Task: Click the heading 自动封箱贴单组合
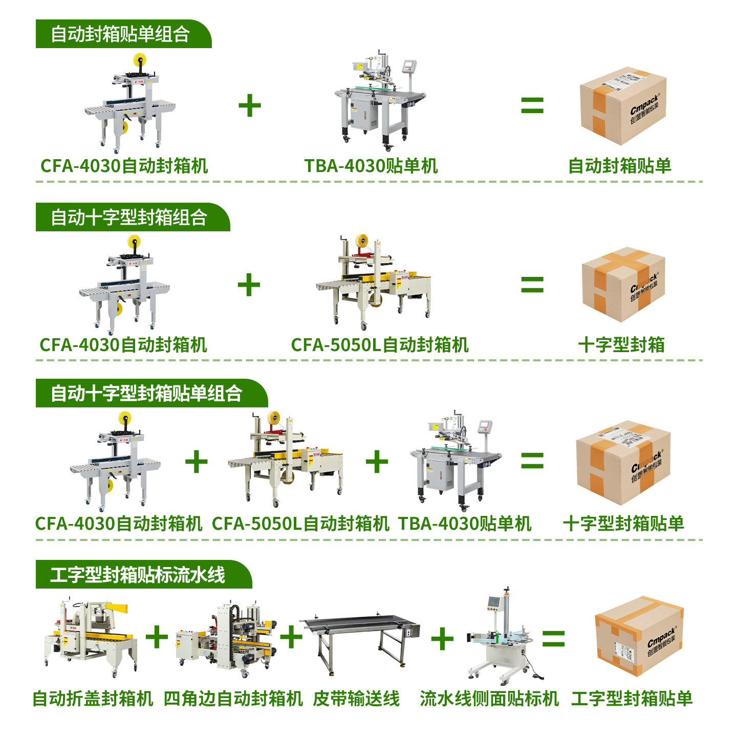click(x=121, y=34)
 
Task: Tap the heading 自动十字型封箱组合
click(x=129, y=218)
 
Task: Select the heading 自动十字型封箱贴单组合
click(x=146, y=394)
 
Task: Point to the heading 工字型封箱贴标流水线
click(x=138, y=575)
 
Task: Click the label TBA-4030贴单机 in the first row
click(x=371, y=166)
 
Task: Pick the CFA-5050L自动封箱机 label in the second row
click(x=380, y=345)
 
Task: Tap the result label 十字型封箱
click(x=621, y=345)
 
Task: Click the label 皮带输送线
click(x=356, y=699)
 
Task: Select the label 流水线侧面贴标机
click(x=489, y=699)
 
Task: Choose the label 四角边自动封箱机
click(x=233, y=699)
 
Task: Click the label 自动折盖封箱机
click(x=93, y=699)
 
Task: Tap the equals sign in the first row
click(x=532, y=105)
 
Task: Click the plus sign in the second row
click(x=249, y=285)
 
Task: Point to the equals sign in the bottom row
click(x=553, y=638)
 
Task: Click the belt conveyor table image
click(x=361, y=640)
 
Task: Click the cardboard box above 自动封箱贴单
click(x=623, y=106)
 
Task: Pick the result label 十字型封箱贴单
click(x=623, y=524)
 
